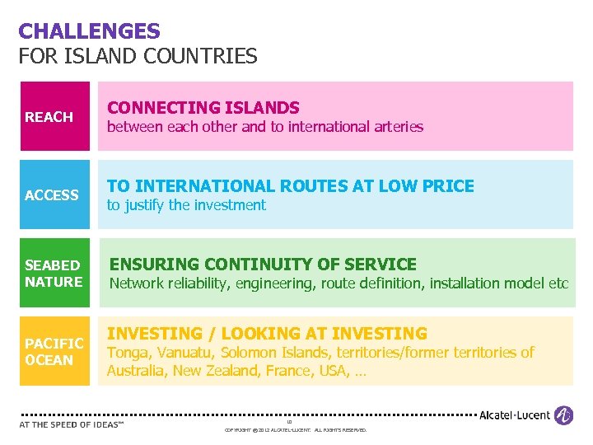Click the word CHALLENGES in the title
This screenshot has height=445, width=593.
point(89,31)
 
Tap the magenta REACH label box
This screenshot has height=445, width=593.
point(54,116)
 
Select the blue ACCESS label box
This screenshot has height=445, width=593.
point(54,194)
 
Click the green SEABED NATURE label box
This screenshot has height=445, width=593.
point(54,273)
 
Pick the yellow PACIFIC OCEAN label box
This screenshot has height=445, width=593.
point(54,351)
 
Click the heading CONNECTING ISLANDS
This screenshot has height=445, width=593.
point(203,108)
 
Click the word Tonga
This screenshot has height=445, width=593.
point(126,353)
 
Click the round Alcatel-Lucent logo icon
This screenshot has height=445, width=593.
point(564,415)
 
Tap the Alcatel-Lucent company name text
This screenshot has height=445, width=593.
point(515,415)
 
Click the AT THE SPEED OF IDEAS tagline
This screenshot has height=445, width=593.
point(71,425)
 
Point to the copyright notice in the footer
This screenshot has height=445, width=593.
point(296,430)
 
